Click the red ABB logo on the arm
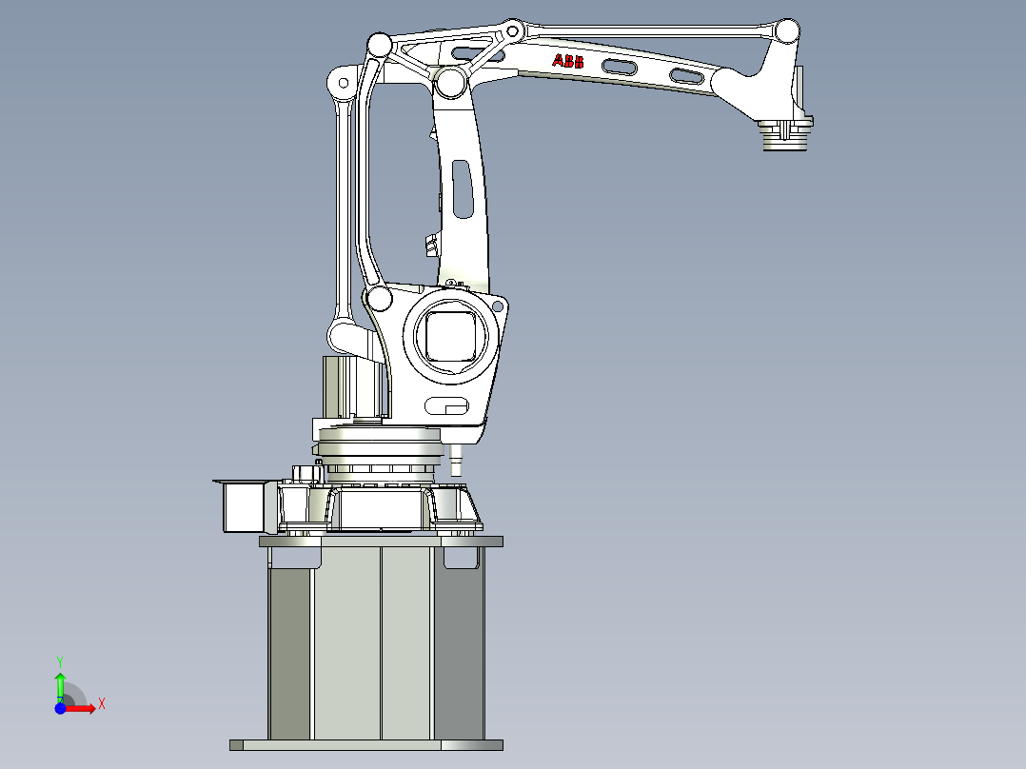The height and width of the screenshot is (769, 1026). (569, 62)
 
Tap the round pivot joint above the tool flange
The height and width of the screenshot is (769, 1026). (786, 31)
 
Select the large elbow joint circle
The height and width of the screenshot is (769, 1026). (450, 81)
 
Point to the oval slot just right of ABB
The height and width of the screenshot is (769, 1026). (619, 66)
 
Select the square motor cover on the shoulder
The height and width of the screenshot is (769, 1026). (450, 334)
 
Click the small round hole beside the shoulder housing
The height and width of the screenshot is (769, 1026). (499, 306)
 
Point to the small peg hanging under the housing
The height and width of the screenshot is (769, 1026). (455, 462)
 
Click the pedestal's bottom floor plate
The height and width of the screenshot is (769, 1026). (365, 745)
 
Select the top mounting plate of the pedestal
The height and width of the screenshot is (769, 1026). (381, 542)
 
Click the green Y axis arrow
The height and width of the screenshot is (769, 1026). (60, 682)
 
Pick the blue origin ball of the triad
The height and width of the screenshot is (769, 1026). (60, 707)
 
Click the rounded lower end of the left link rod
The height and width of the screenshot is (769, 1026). (342, 336)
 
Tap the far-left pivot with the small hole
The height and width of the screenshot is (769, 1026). (340, 84)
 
